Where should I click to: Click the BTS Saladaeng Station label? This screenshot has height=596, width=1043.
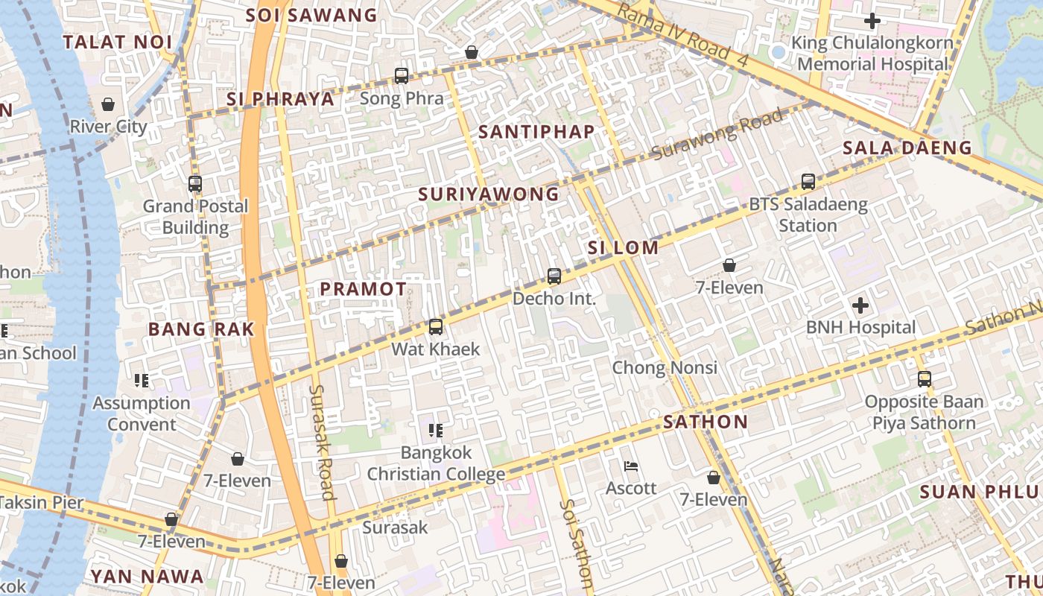pyautogui.click(x=808, y=215)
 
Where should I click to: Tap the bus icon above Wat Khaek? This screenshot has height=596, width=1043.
pyautogui.click(x=435, y=327)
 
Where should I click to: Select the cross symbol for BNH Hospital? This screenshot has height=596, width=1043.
pyautogui.click(x=860, y=305)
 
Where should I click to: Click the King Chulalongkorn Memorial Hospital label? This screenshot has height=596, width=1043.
pyautogui.click(x=872, y=54)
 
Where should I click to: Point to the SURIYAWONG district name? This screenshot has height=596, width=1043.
pyautogui.click(x=489, y=194)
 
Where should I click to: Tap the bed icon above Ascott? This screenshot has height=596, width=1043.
pyautogui.click(x=631, y=466)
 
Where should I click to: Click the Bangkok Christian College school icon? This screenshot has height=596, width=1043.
pyautogui.click(x=436, y=431)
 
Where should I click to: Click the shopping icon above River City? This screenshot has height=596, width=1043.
pyautogui.click(x=108, y=104)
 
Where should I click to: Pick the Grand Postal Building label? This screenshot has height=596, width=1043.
pyautogui.click(x=195, y=217)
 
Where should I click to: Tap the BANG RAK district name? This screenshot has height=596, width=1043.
pyautogui.click(x=201, y=329)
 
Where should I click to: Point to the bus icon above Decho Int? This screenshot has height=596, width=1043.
pyautogui.click(x=554, y=276)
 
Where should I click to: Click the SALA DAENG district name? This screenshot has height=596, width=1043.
pyautogui.click(x=907, y=148)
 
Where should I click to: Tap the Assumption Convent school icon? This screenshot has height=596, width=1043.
pyautogui.click(x=142, y=381)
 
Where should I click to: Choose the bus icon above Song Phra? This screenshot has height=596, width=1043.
pyautogui.click(x=402, y=76)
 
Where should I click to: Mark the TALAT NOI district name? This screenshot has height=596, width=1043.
pyautogui.click(x=118, y=42)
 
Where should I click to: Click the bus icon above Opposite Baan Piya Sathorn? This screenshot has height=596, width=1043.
pyautogui.click(x=925, y=379)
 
